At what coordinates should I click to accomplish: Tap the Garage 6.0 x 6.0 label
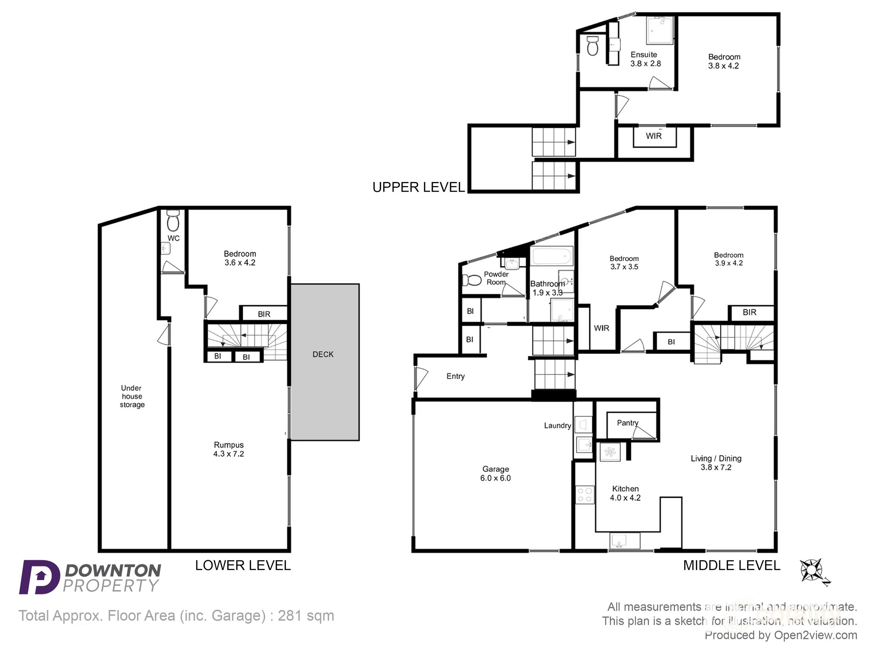pyautogui.click(x=495, y=473)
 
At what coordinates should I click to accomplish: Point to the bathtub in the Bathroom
pyautogui.click(x=552, y=256)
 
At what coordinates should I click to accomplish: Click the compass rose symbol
pyautogui.click(x=811, y=570)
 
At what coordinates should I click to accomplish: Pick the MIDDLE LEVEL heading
pyautogui.click(x=731, y=565)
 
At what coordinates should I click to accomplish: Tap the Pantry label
pyautogui.click(x=627, y=423)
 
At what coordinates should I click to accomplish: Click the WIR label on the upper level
pyautogui.click(x=654, y=136)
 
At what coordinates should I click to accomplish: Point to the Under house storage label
pyautogui.click(x=132, y=396)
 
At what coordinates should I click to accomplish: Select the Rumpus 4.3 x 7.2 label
pyautogui.click(x=229, y=449)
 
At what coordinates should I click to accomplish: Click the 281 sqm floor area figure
pyautogui.click(x=306, y=616)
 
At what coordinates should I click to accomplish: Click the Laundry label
pyautogui.click(x=557, y=425)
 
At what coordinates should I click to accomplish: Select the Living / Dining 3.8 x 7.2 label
pyautogui.click(x=716, y=463)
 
